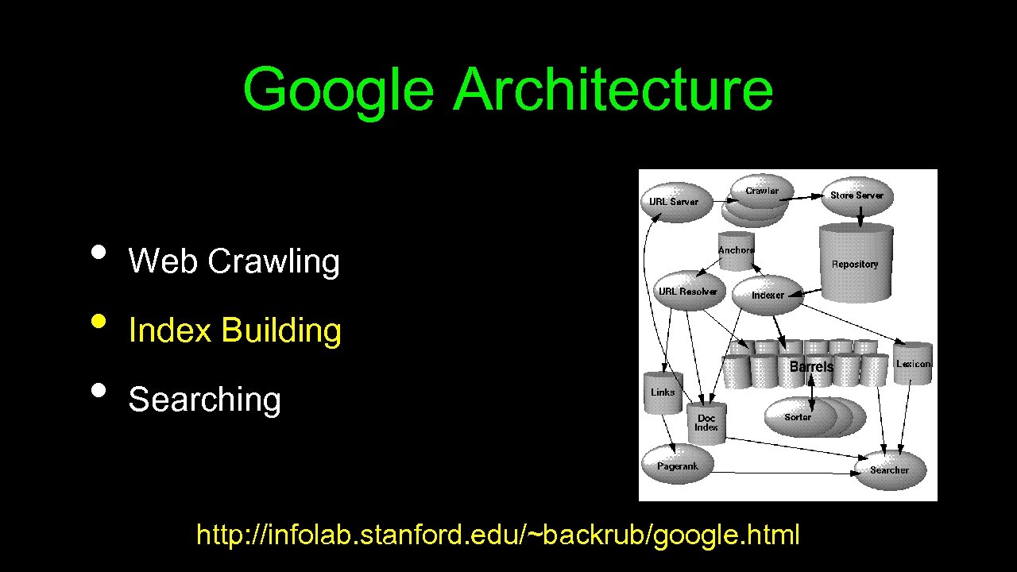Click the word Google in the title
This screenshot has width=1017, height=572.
click(338, 89)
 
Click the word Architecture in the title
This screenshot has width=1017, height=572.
click(613, 89)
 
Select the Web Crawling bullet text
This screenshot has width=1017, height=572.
click(234, 261)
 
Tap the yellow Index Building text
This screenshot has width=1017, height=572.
click(234, 330)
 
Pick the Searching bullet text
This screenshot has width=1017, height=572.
click(204, 399)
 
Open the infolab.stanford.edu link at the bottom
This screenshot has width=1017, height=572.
click(497, 535)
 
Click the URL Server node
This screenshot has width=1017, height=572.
click(674, 202)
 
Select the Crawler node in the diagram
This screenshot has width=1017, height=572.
click(761, 191)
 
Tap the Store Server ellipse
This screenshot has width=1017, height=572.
click(857, 195)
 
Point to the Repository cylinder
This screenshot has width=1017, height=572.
click(855, 264)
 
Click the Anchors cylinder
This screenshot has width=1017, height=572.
click(736, 250)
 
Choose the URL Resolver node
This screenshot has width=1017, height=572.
click(687, 292)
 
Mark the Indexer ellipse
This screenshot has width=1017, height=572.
click(768, 295)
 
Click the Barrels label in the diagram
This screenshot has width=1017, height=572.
click(811, 366)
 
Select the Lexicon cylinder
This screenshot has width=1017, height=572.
click(913, 364)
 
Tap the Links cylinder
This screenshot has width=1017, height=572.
click(663, 392)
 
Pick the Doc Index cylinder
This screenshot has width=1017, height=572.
click(706, 422)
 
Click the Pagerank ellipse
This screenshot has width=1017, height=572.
click(677, 466)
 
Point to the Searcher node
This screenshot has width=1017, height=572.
click(889, 470)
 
